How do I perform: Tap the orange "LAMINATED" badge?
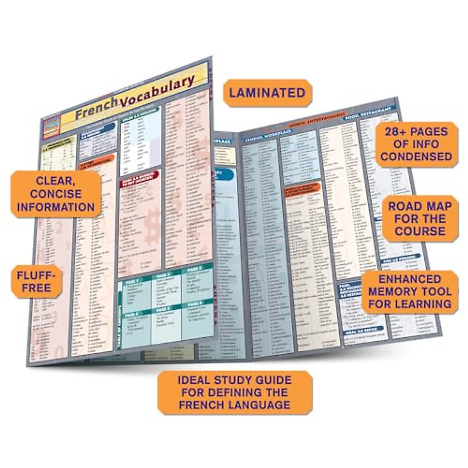(267, 93)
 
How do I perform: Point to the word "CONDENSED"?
(416, 157)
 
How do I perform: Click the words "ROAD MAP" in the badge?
(420, 206)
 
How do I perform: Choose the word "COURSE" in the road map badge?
(420, 231)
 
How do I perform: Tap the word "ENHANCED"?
(409, 279)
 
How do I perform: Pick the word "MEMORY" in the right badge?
(392, 292)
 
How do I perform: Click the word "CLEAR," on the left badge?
(56, 181)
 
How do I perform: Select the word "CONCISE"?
(56, 194)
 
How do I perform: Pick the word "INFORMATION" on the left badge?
(56, 207)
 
